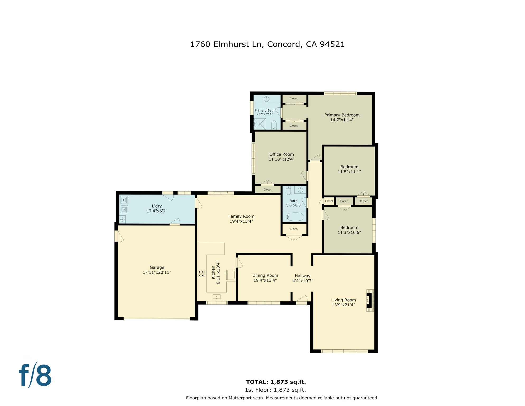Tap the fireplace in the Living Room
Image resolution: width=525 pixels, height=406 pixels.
tap(369, 300)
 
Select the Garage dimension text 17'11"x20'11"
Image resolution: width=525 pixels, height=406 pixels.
tap(157, 272)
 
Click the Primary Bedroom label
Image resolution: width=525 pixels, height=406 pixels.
tap(342, 115)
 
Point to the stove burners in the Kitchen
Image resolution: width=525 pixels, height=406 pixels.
tap(201, 274)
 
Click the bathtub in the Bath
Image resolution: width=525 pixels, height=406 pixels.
tap(295, 217)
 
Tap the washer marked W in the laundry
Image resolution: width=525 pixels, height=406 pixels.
tap(124, 200)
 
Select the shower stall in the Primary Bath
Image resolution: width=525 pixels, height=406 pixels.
tap(260, 124)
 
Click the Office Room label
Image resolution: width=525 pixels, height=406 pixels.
tap(282, 154)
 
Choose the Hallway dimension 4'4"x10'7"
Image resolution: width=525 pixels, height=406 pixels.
tap(303, 281)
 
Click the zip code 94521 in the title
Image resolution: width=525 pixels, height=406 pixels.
tap(332, 44)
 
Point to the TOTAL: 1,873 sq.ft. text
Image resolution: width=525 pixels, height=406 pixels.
tap(276, 382)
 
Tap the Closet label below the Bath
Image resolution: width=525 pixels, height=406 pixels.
tap(294, 229)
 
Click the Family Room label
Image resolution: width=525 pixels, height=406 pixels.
tap(241, 216)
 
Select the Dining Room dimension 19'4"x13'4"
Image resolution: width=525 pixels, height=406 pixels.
tap(265, 280)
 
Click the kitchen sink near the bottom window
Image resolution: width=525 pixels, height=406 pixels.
tap(217, 297)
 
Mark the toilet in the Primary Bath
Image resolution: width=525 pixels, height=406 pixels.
tap(274, 125)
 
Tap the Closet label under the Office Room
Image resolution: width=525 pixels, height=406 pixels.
tap(267, 190)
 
